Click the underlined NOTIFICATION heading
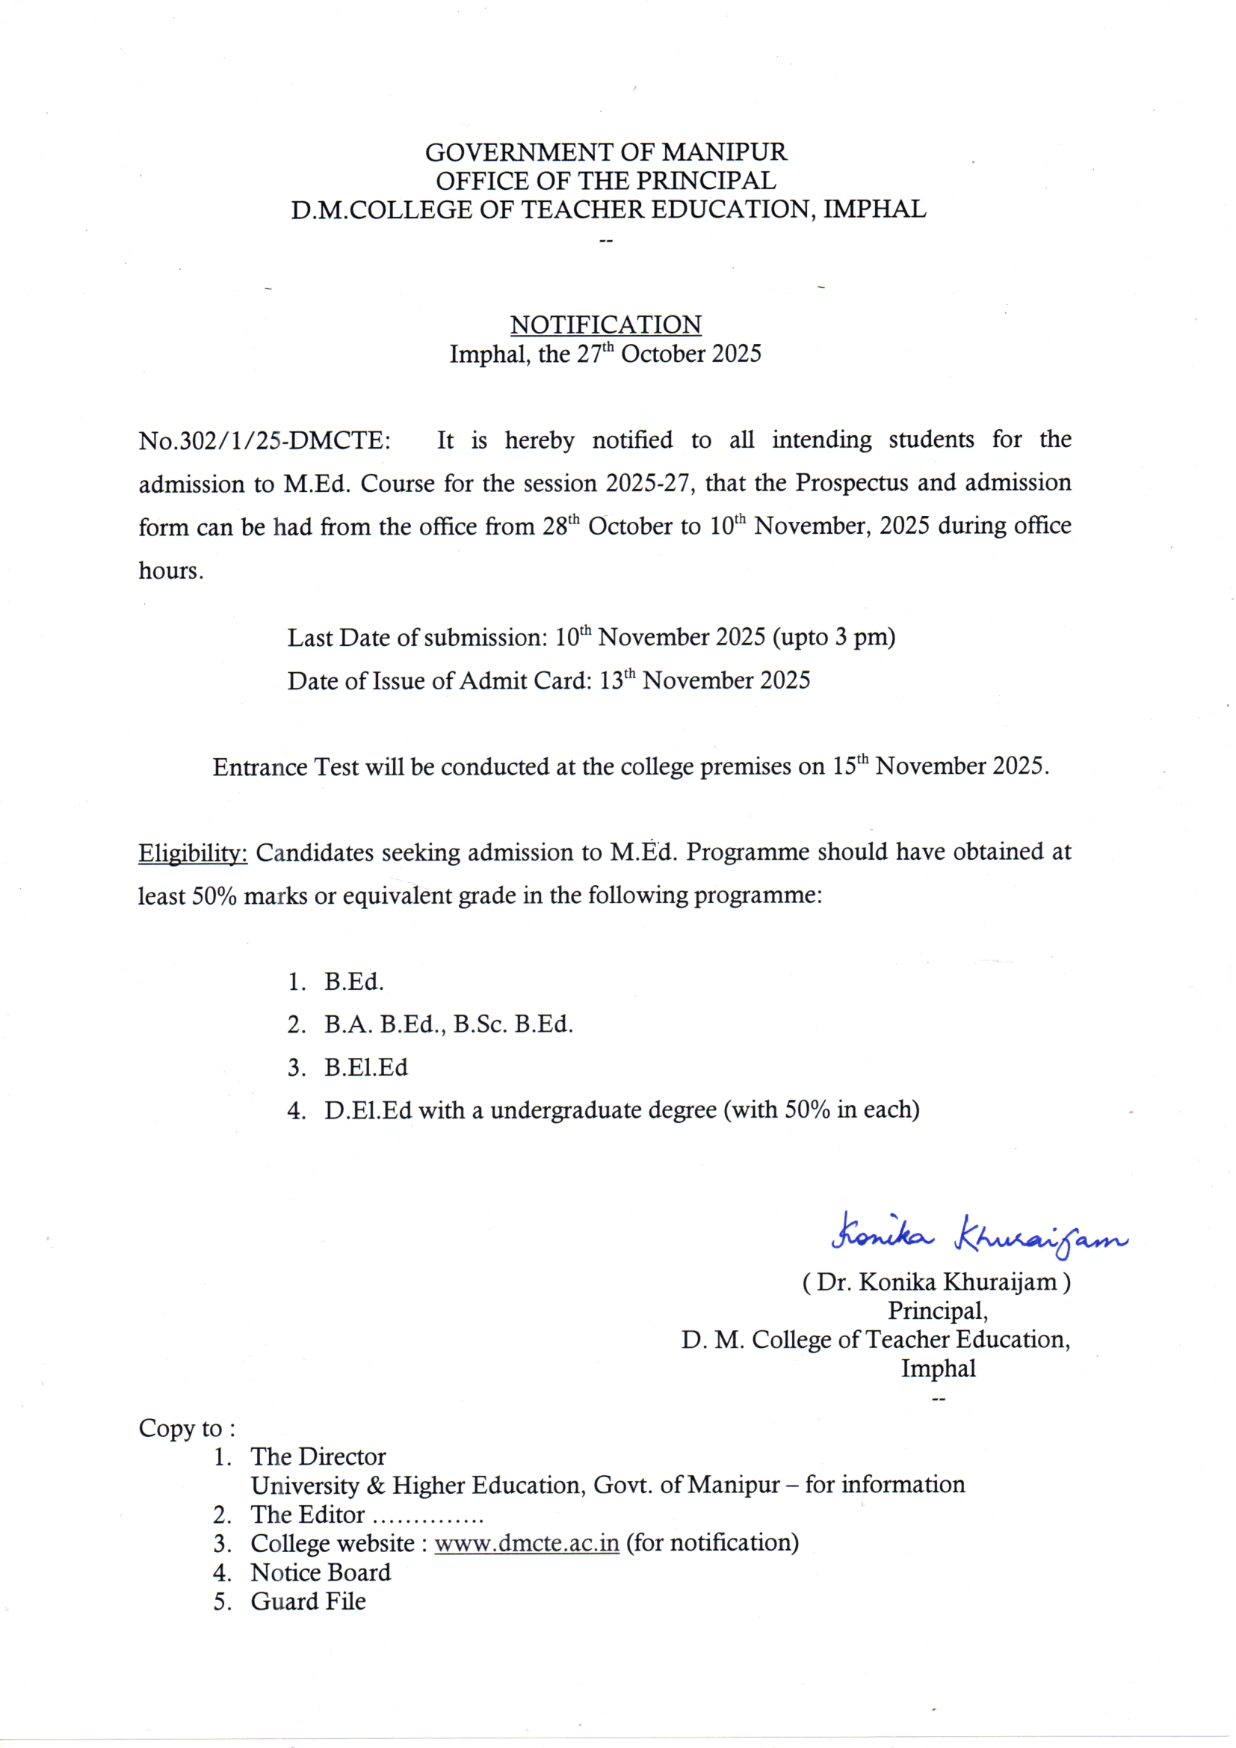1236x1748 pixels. tap(605, 325)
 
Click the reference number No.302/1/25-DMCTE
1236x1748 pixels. tap(264, 442)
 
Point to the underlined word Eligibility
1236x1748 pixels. tap(193, 854)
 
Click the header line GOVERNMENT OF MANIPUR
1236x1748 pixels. tap(605, 153)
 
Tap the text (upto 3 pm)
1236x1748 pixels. tap(833, 637)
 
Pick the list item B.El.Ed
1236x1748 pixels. tap(365, 1068)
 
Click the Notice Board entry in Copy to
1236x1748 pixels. tap(321, 1573)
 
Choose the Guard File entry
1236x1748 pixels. tap(308, 1601)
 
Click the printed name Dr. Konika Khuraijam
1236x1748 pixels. tap(936, 1283)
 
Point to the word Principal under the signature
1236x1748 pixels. tap(938, 1311)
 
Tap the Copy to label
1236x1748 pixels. tap(187, 1428)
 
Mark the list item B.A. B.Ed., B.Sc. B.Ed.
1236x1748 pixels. tap(448, 1025)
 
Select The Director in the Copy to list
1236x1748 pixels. tap(318, 1457)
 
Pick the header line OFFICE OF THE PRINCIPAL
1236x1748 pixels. tap(605, 181)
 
